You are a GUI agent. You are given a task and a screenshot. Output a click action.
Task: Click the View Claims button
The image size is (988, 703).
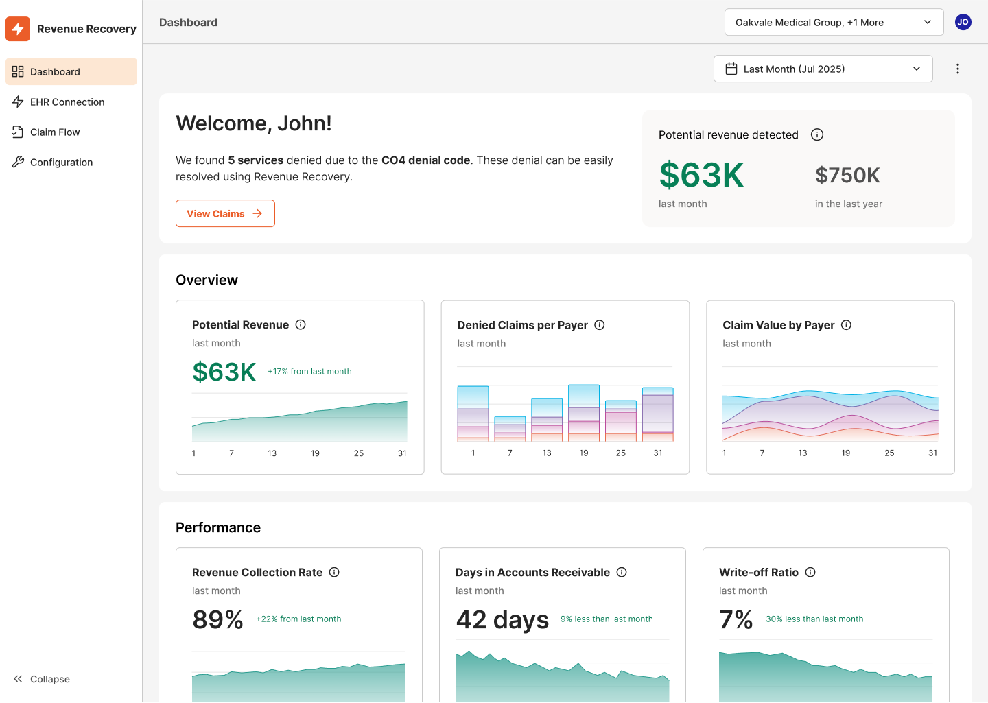pyautogui.click(x=225, y=213)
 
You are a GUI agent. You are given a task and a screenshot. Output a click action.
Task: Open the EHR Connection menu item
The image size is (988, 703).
pyautogui.click(x=67, y=102)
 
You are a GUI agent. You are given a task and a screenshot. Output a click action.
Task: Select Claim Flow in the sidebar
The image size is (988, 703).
pyautogui.click(x=55, y=132)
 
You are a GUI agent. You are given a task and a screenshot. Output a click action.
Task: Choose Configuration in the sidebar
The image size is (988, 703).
pyautogui.click(x=61, y=163)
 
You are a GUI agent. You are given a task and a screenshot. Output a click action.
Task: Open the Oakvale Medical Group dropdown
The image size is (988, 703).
pyautogui.click(x=834, y=23)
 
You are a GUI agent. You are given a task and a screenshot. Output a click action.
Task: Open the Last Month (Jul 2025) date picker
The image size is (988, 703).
pyautogui.click(x=823, y=69)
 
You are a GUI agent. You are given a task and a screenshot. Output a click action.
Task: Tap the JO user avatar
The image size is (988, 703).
pyautogui.click(x=963, y=23)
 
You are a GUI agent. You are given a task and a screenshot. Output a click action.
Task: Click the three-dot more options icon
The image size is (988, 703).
pyautogui.click(x=957, y=69)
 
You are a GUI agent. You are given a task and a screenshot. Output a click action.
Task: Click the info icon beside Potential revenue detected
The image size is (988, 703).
pyautogui.click(x=816, y=135)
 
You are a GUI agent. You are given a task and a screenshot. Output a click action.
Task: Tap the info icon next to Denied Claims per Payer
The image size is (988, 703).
pyautogui.click(x=599, y=325)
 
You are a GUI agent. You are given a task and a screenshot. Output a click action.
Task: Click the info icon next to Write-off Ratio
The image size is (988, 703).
pyautogui.click(x=810, y=573)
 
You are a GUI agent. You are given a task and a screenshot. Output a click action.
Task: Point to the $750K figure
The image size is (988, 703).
pyautogui.click(x=847, y=176)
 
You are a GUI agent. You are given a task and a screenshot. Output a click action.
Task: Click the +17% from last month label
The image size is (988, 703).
pyautogui.click(x=309, y=372)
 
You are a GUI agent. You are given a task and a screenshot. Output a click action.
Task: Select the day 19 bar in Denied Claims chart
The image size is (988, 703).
pyautogui.click(x=584, y=413)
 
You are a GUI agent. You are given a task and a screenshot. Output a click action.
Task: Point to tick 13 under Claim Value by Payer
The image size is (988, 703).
pyautogui.click(x=802, y=453)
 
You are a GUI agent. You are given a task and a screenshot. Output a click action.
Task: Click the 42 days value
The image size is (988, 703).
pyautogui.click(x=502, y=620)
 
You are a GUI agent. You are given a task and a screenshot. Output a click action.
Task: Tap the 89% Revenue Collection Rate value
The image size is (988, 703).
pyautogui.click(x=217, y=620)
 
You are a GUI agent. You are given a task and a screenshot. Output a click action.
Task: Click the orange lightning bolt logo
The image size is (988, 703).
pyautogui.click(x=18, y=29)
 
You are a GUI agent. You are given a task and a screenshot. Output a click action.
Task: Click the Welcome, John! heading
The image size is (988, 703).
pyautogui.click(x=254, y=123)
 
